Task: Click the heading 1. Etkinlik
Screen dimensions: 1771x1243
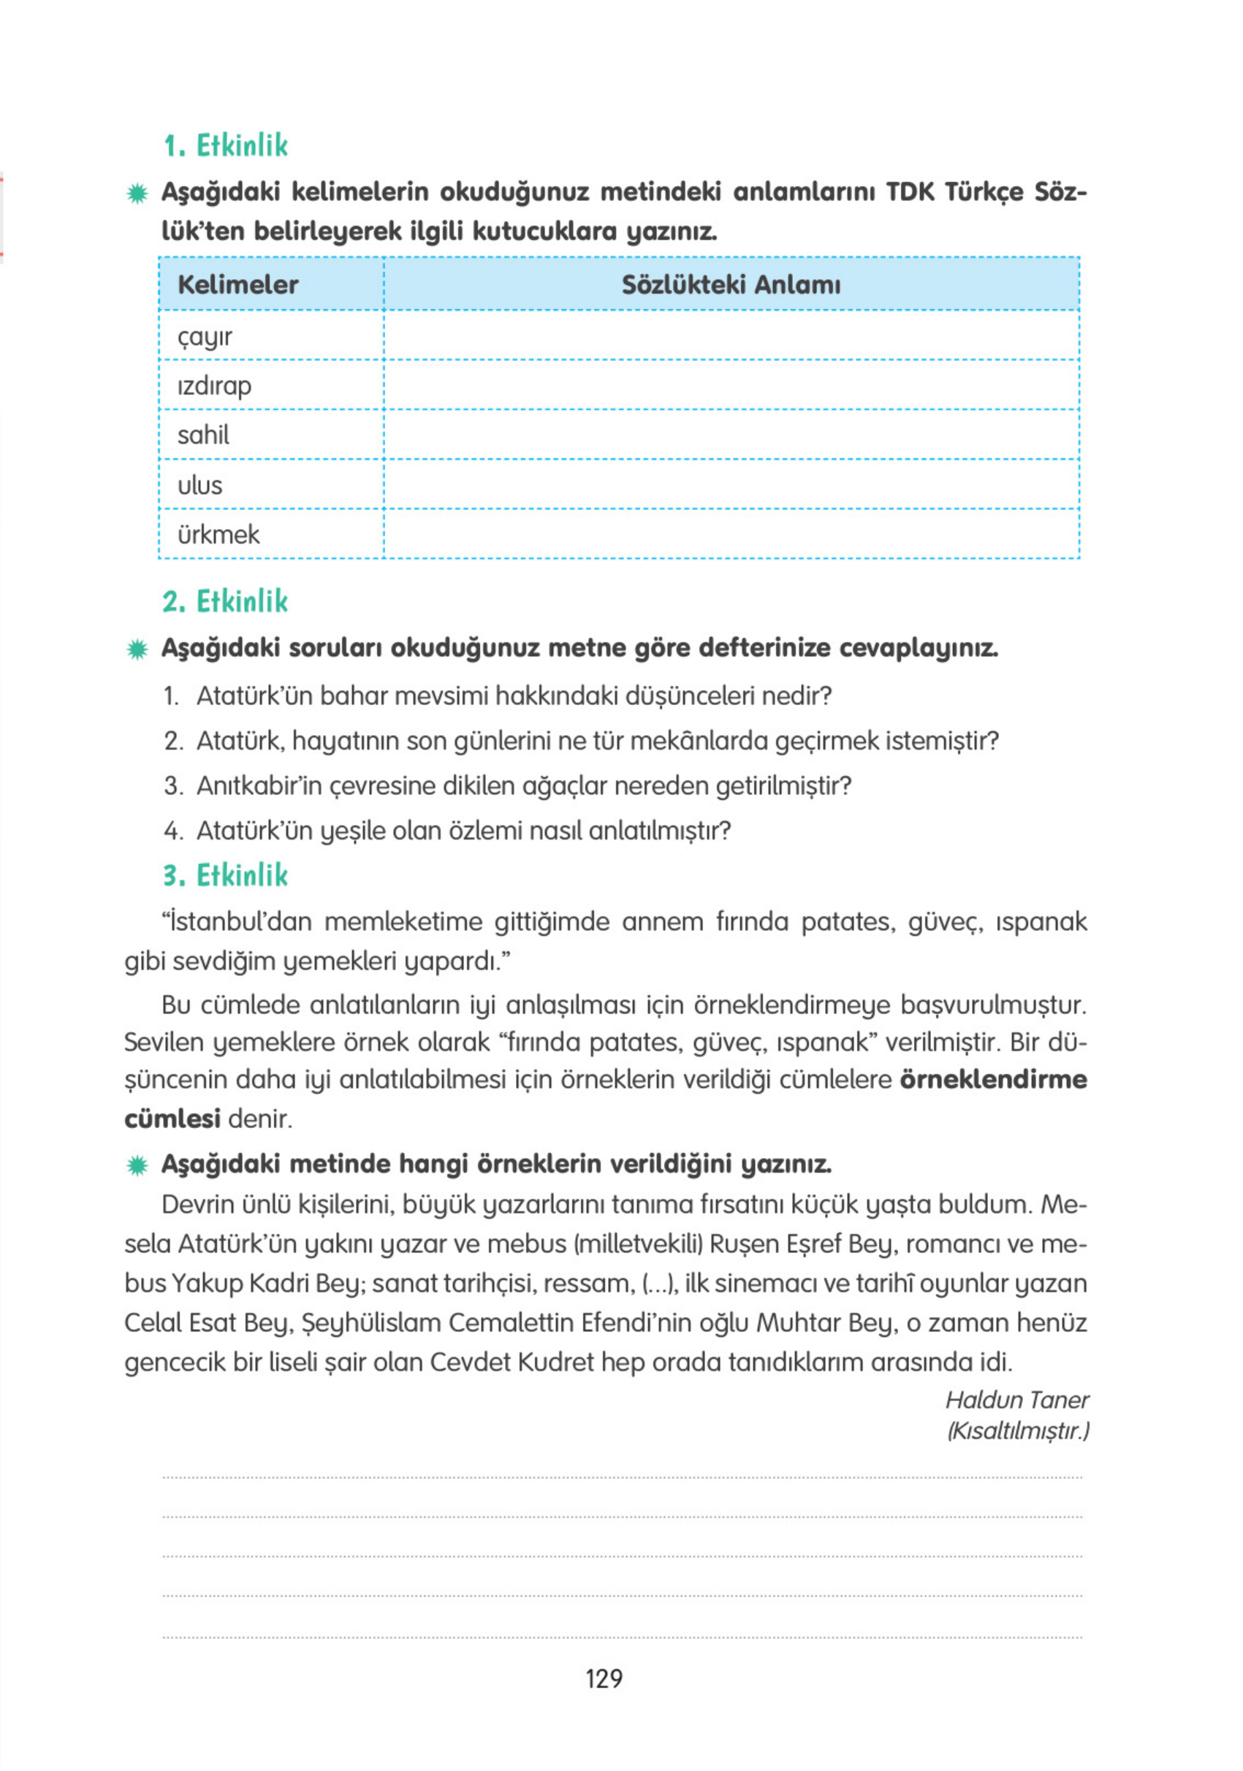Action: (225, 146)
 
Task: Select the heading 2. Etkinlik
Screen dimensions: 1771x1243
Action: (225, 601)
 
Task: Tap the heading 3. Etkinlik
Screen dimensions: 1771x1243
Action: (225, 875)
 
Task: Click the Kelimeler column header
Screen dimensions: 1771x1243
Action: (237, 285)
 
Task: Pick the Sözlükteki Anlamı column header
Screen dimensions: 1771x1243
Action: (730, 285)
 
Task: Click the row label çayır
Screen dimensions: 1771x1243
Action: (205, 337)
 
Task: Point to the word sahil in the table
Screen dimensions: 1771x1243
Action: (203, 435)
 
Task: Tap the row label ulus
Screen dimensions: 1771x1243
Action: (199, 485)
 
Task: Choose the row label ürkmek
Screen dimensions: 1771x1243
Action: (218, 535)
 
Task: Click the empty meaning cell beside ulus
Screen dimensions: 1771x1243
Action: (730, 484)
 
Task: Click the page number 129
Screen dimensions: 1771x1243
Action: (604, 1678)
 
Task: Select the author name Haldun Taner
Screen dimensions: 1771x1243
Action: (1016, 1400)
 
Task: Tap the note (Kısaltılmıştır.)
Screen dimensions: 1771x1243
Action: (1018, 1431)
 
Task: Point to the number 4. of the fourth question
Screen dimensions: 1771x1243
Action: (172, 831)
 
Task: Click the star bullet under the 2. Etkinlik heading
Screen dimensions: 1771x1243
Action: (137, 650)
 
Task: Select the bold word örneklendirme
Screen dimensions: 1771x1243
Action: (993, 1079)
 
